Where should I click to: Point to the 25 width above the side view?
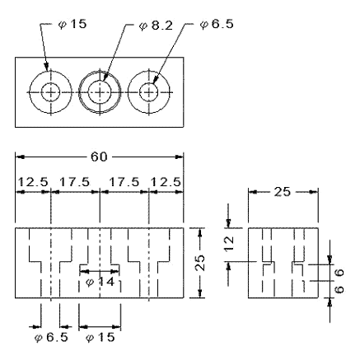282,194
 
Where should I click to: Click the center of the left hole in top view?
49,91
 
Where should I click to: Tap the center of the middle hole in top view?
100,91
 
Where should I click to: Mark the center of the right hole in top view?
148,91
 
